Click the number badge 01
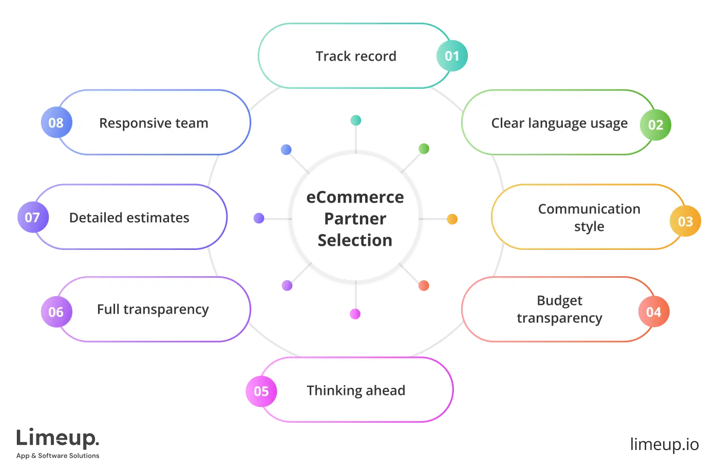[452, 56]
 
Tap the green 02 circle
[656, 125]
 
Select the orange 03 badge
[686, 222]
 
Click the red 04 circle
[654, 312]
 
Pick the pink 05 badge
[261, 391]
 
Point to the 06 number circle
[56, 312]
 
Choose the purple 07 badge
[32, 218]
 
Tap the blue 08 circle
[56, 123]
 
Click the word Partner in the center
[355, 219]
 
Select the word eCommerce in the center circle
[355, 197]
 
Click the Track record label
[356, 56]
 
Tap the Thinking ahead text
[356, 391]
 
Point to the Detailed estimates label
[129, 218]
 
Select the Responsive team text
[154, 123]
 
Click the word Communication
[589, 209]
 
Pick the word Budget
[560, 300]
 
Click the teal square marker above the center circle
[355, 121]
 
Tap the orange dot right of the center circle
[452, 219]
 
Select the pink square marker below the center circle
[355, 314]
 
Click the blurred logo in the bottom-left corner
[59, 442]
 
